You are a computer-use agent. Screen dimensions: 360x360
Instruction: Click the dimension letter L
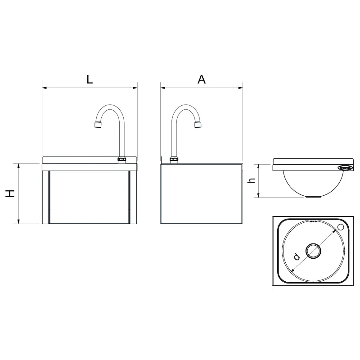pyautogui.click(x=90, y=80)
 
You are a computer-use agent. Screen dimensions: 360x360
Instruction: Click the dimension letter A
pyautogui.click(x=202, y=80)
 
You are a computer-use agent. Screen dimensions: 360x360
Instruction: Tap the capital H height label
pyautogui.click(x=10, y=193)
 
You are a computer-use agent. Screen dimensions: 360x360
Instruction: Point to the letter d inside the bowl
pyautogui.click(x=297, y=256)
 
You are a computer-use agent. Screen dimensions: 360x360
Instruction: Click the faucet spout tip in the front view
pyautogui.click(x=99, y=125)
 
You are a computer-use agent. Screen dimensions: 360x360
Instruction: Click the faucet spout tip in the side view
pyautogui.click(x=198, y=125)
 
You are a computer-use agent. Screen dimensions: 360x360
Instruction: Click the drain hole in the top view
pyautogui.click(x=313, y=251)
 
